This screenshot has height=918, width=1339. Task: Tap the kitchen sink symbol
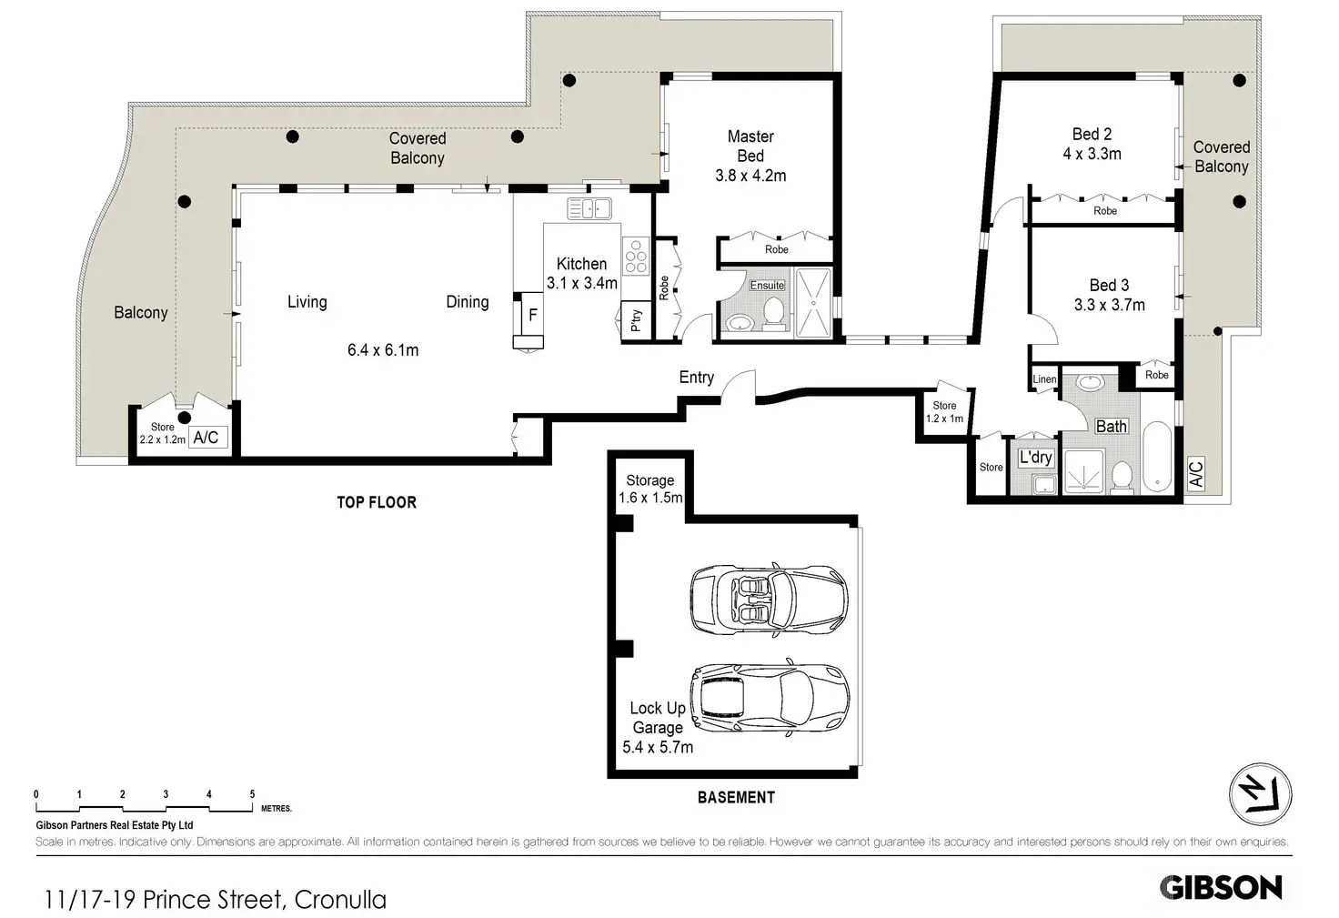point(589,208)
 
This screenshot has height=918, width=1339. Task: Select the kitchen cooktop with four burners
point(636,256)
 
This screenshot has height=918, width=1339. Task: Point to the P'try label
point(636,320)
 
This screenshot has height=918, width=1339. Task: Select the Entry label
point(697,378)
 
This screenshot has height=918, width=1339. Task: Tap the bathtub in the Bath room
point(1157,457)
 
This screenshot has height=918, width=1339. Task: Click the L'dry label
point(1035,458)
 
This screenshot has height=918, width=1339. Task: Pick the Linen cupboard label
point(1044,379)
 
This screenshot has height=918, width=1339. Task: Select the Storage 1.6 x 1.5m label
point(650,489)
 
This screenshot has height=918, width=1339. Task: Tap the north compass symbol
point(1260,795)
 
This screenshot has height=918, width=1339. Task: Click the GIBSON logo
point(1221,887)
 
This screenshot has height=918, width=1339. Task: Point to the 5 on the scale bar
point(252,794)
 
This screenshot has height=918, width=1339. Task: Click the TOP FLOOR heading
point(377,502)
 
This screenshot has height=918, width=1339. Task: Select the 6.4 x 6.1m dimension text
point(383,350)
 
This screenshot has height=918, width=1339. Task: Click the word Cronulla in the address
point(341,900)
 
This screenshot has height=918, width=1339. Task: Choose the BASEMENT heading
point(736,797)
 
